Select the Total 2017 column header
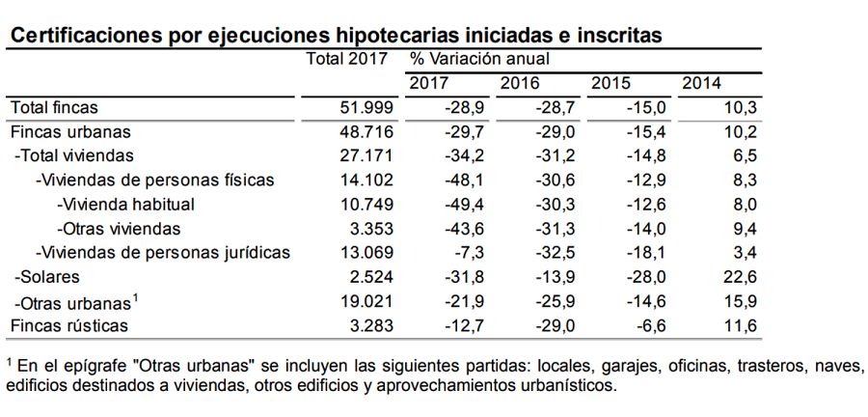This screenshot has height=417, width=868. click(346, 59)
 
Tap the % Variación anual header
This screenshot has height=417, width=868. click(479, 59)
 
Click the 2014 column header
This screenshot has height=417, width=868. click(701, 84)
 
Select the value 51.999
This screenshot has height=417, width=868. click(362, 108)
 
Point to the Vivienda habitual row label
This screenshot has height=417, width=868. click(126, 205)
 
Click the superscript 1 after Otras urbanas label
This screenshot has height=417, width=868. click(136, 295)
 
